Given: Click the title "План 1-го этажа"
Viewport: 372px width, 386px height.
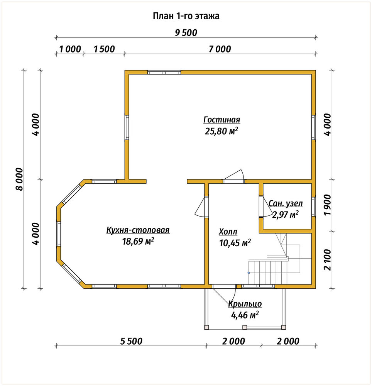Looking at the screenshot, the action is pos(186,16).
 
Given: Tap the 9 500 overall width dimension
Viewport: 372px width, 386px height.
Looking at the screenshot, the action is pos(186,33).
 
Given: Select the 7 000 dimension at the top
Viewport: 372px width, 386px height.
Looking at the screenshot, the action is pos(220,49).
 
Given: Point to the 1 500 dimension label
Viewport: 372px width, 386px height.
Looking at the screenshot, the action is pos(104,49).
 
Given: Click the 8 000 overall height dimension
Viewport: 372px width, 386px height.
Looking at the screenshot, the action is pos(19,179).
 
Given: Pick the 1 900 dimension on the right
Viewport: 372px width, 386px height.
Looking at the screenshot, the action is pos(328,205).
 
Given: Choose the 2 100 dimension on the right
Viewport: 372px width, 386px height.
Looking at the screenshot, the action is pos(328,260).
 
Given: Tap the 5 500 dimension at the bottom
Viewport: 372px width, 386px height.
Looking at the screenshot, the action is pos(131,342).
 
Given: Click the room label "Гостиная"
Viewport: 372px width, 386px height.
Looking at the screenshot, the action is pos(222,120).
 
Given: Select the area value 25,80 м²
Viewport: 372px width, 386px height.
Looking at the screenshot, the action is pos(222,131).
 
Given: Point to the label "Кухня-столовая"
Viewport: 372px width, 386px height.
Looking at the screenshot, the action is pos(138,230).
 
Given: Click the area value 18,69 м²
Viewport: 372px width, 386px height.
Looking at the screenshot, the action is pos(138,241).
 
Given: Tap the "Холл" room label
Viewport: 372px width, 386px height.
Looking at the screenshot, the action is pos(228,232).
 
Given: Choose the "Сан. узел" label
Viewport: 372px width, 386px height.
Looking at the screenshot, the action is pos(286,203).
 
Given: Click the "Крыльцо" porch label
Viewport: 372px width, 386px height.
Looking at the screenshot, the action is pos(245,304).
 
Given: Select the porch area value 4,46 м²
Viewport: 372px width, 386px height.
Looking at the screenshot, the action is pos(245,315).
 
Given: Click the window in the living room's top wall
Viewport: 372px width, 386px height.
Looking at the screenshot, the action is pos(164,73).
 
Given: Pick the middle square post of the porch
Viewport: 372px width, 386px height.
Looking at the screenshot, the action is pos(245,327).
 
